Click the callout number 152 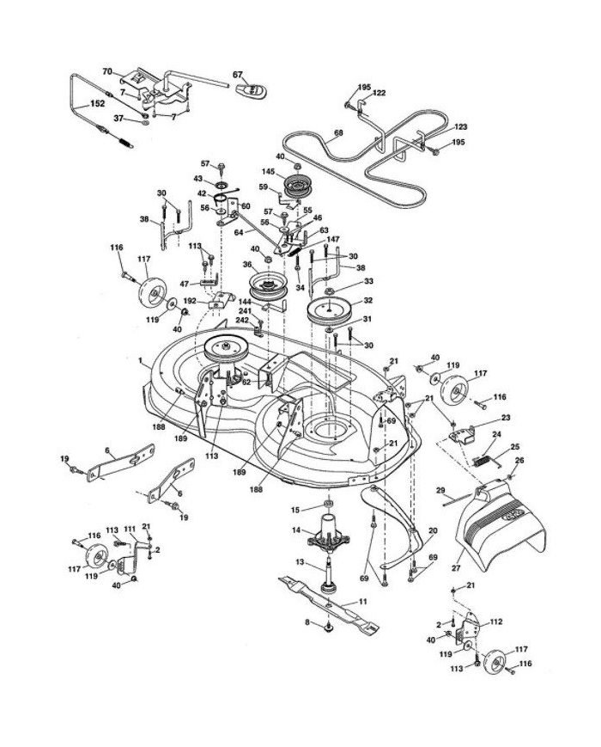pos(98,104)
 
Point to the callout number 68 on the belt pos(338,133)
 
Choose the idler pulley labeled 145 pos(297,187)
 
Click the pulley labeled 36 pos(267,286)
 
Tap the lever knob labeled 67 pos(251,89)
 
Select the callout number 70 pos(107,71)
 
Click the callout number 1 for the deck pos(140,361)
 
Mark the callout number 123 pos(460,126)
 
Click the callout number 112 pos(495,621)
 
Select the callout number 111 pos(130,529)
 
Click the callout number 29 pos(440,489)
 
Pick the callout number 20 pos(433,530)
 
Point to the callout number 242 pos(242,320)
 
